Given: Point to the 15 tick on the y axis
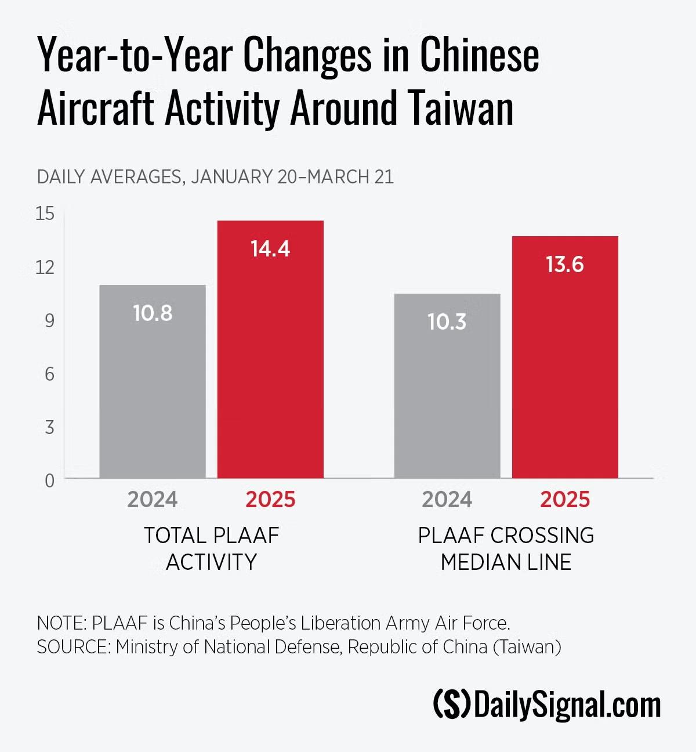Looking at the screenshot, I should [45, 214].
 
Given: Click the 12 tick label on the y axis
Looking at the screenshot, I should [45, 267].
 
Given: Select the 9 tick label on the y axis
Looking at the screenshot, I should [49, 320].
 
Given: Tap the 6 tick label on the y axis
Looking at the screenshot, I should [49, 374].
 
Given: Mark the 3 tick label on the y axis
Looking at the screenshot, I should [49, 427].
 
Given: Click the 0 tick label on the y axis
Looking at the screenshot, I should [49, 480].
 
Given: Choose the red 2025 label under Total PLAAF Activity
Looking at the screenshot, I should [270, 500].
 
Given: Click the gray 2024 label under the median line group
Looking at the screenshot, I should [447, 500].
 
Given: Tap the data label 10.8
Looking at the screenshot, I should [153, 313].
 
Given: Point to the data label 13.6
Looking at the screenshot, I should [565, 265].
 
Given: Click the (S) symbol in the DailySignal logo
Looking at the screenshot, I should [452, 704].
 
